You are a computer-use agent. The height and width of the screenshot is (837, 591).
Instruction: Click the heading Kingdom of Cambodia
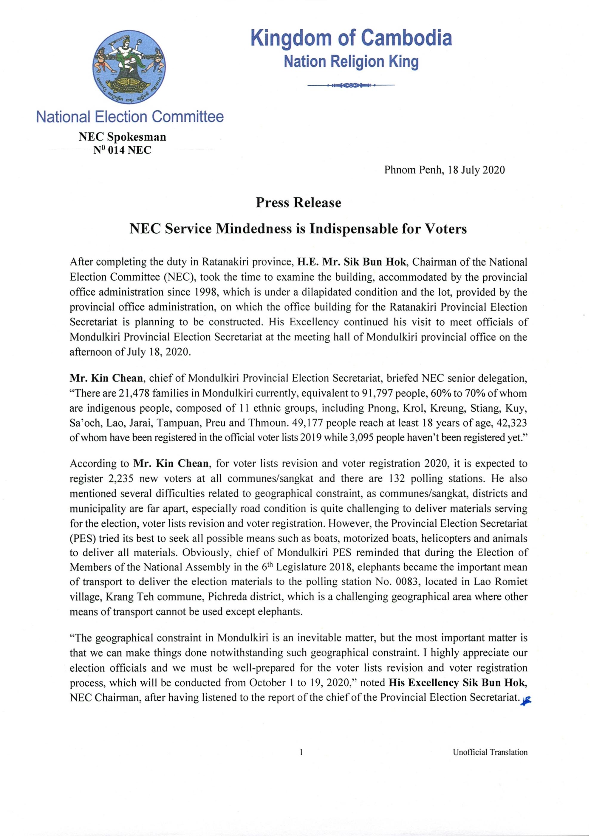351,38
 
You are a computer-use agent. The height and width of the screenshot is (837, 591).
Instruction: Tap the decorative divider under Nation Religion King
351,85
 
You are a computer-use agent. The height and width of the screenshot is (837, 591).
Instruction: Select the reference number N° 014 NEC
122,150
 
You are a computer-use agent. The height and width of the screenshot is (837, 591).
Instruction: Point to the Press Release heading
298,203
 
